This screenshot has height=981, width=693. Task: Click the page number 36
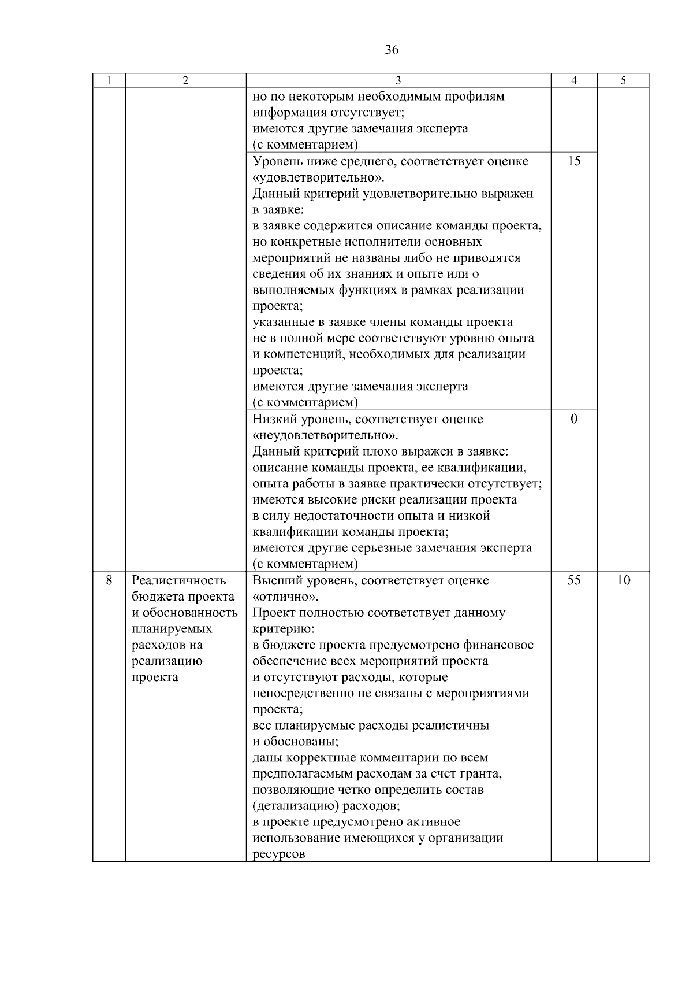click(x=392, y=50)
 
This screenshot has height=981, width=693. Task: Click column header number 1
click(x=109, y=81)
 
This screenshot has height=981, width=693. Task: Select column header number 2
click(x=185, y=81)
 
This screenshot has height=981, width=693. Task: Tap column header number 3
click(x=398, y=81)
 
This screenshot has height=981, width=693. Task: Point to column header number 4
click(x=573, y=81)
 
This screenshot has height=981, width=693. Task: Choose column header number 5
click(x=623, y=81)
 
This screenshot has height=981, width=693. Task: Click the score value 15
click(x=573, y=161)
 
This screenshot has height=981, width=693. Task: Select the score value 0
click(x=573, y=419)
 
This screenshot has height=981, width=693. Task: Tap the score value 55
click(x=573, y=580)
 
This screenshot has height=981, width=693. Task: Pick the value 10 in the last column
click(x=623, y=580)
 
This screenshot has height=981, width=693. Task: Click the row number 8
click(x=109, y=580)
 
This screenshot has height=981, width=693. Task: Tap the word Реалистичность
click(x=179, y=580)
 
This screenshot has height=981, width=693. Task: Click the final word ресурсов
click(x=278, y=854)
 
